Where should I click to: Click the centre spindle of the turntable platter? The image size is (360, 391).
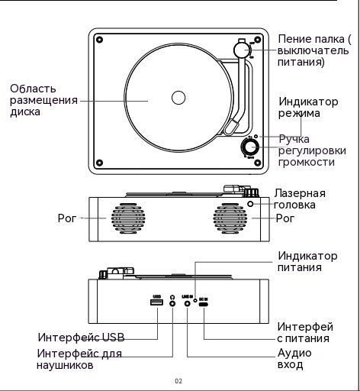point(178,98)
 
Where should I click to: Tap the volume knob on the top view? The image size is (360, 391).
point(249,147)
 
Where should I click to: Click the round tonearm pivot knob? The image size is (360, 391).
point(242,50)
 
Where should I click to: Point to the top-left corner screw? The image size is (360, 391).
point(100,40)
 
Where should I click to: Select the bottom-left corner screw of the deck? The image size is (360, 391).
point(100,163)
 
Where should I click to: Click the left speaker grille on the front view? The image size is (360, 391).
point(128,218)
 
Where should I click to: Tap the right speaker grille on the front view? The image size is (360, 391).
point(230,218)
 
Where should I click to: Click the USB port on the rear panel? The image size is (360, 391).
point(156,302)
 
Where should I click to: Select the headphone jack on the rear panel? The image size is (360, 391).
point(172,303)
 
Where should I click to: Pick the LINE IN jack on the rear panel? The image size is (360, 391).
point(188,303)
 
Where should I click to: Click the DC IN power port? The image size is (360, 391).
point(204,304)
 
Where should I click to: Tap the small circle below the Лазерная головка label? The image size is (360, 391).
point(250,204)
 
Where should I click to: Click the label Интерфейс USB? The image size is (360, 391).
point(82,338)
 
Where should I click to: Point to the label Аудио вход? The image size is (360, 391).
point(294,359)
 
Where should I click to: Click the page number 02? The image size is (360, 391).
point(178,381)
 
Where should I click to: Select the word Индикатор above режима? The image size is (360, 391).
point(308,102)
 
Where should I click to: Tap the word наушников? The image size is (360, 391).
point(65,365)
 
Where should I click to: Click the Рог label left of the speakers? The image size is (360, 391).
point(67,218)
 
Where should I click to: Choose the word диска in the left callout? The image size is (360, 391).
point(25,111)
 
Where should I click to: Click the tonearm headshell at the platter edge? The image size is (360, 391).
point(231,127)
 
